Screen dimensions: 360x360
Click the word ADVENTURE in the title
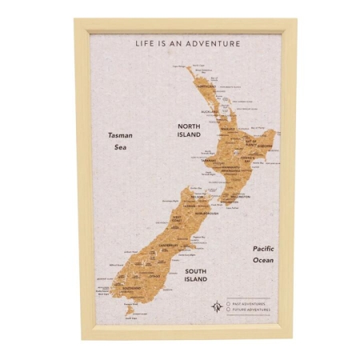pyautogui.click(x=213, y=43)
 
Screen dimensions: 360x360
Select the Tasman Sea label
pyautogui.click(x=120, y=141)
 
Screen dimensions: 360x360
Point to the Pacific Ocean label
pyautogui.click(x=263, y=254)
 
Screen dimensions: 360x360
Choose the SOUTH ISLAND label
pyautogui.click(x=195, y=275)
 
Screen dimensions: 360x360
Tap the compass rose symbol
pyautogui.click(x=216, y=306)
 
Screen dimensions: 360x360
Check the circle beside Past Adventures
pyautogui.click(x=228, y=303)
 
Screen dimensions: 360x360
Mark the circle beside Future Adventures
pyautogui.click(x=228, y=310)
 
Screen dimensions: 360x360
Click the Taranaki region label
pyautogui.click(x=207, y=160)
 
